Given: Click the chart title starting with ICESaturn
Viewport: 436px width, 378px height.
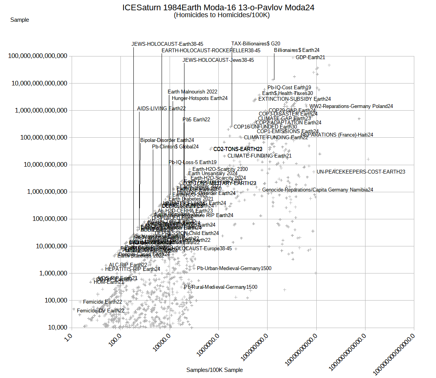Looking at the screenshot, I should (218, 8).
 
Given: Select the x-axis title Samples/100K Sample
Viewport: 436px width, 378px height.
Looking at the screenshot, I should (215, 370).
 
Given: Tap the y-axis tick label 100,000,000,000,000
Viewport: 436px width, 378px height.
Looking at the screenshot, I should (38, 56).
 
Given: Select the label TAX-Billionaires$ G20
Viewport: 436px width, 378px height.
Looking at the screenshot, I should (256, 43).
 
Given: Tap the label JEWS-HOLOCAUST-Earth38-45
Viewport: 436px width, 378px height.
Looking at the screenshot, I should (167, 44).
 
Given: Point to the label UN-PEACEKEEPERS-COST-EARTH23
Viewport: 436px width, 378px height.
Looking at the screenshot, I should (361, 172).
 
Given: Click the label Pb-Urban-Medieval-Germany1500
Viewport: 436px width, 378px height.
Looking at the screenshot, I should (234, 269).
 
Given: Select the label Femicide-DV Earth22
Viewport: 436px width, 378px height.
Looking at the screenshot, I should (101, 311).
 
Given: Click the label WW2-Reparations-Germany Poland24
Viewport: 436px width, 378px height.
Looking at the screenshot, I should (351, 106).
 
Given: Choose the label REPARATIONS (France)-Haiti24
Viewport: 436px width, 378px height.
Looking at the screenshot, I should (337, 135).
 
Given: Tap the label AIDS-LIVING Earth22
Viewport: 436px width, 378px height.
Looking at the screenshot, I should (161, 109).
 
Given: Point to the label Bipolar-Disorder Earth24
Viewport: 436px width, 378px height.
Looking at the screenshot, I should (167, 140).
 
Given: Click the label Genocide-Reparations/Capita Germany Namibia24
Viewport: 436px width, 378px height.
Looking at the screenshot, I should (317, 190).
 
